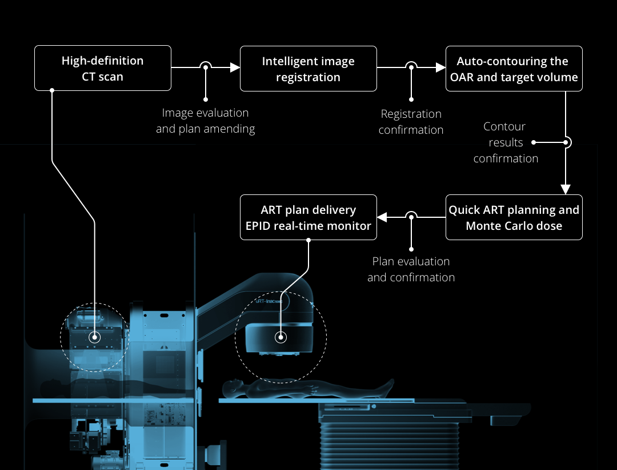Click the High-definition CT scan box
point(103,68)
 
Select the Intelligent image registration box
point(308,69)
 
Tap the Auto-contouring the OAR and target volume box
point(514,69)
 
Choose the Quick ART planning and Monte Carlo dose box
point(514,217)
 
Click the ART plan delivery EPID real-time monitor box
point(308,217)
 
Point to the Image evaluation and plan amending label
point(205,121)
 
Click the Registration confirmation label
point(411,122)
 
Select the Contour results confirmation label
point(506,142)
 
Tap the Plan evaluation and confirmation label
point(411,269)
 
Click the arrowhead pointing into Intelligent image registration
point(234,67)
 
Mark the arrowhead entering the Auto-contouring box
point(440,67)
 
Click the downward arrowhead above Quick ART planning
point(566,189)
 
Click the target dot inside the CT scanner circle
point(95,337)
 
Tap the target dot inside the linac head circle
point(281,337)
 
